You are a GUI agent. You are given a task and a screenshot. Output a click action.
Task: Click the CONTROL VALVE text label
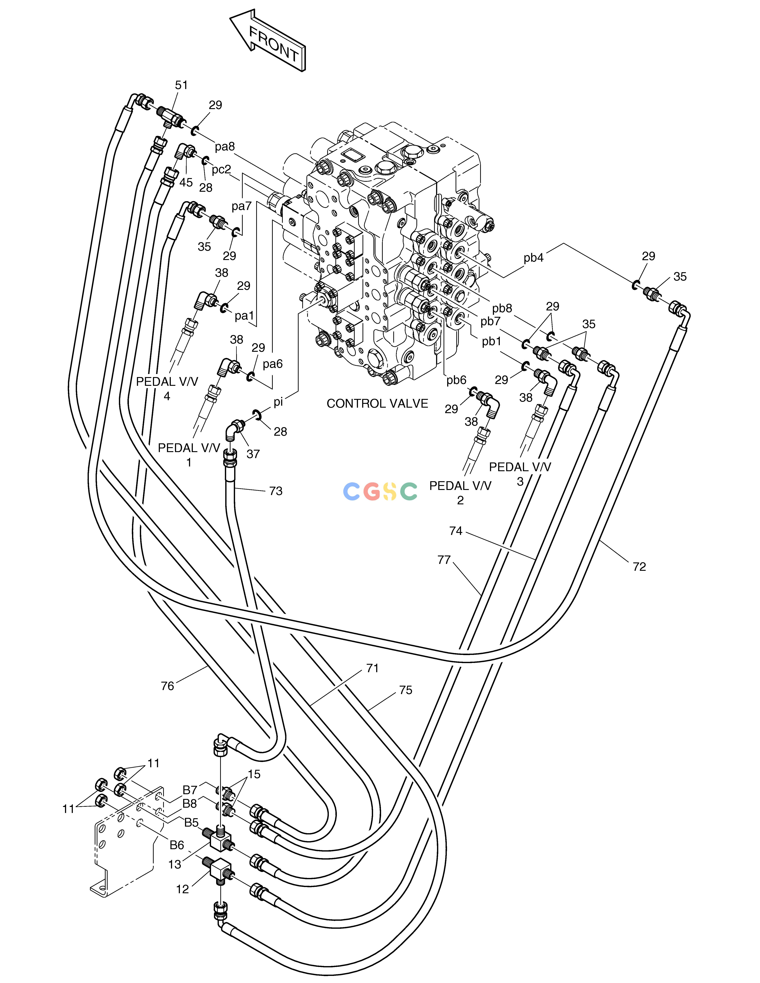377,404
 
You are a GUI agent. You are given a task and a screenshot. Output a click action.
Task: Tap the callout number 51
182,85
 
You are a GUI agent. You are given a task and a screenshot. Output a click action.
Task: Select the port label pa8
225,147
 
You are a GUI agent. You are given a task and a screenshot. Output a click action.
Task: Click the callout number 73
275,491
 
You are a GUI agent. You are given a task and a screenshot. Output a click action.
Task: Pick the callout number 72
639,567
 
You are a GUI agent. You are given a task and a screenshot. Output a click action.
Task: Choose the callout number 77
444,560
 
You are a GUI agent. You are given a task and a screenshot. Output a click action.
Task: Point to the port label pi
278,402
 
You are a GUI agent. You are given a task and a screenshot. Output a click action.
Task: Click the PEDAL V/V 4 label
167,389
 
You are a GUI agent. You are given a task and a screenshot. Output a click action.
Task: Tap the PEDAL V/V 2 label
460,493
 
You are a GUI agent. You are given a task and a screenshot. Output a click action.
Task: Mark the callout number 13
175,865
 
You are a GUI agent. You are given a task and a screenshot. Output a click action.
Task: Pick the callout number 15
254,774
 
